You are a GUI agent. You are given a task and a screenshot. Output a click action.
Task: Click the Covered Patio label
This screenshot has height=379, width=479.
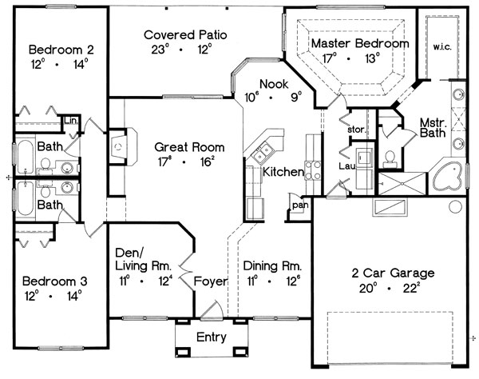(185, 35)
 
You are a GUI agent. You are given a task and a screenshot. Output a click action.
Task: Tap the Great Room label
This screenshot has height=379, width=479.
(189, 147)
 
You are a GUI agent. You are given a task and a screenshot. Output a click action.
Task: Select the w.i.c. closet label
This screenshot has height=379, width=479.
(442, 47)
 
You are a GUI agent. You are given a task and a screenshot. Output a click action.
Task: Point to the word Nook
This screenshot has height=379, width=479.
(274, 84)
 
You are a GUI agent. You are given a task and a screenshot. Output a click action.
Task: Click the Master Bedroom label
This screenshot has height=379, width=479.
(360, 43)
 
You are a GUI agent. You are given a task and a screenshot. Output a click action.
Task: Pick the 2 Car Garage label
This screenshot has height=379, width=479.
(393, 273)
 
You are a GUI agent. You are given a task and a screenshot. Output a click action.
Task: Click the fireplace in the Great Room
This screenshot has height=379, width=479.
(122, 147)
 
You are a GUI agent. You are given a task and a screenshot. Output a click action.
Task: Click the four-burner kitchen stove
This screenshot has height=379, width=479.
(312, 170)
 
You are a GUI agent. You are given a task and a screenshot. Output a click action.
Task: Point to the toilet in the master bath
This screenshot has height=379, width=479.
(390, 159)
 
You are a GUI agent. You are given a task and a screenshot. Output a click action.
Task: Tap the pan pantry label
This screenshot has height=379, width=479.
(300, 205)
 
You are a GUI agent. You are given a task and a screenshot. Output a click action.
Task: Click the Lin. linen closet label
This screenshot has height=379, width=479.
(71, 121)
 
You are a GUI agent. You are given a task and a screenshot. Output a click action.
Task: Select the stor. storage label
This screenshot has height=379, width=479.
(357, 130)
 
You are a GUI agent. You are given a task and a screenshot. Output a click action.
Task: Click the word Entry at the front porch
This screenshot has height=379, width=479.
(212, 337)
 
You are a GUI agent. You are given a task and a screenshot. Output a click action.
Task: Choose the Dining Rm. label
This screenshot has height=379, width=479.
(272, 265)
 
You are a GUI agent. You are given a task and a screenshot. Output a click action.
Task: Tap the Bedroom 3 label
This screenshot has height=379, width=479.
(54, 281)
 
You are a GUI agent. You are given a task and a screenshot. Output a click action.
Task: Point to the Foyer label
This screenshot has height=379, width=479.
(211, 281)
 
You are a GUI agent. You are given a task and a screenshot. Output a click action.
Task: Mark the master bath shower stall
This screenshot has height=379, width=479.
(402, 184)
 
